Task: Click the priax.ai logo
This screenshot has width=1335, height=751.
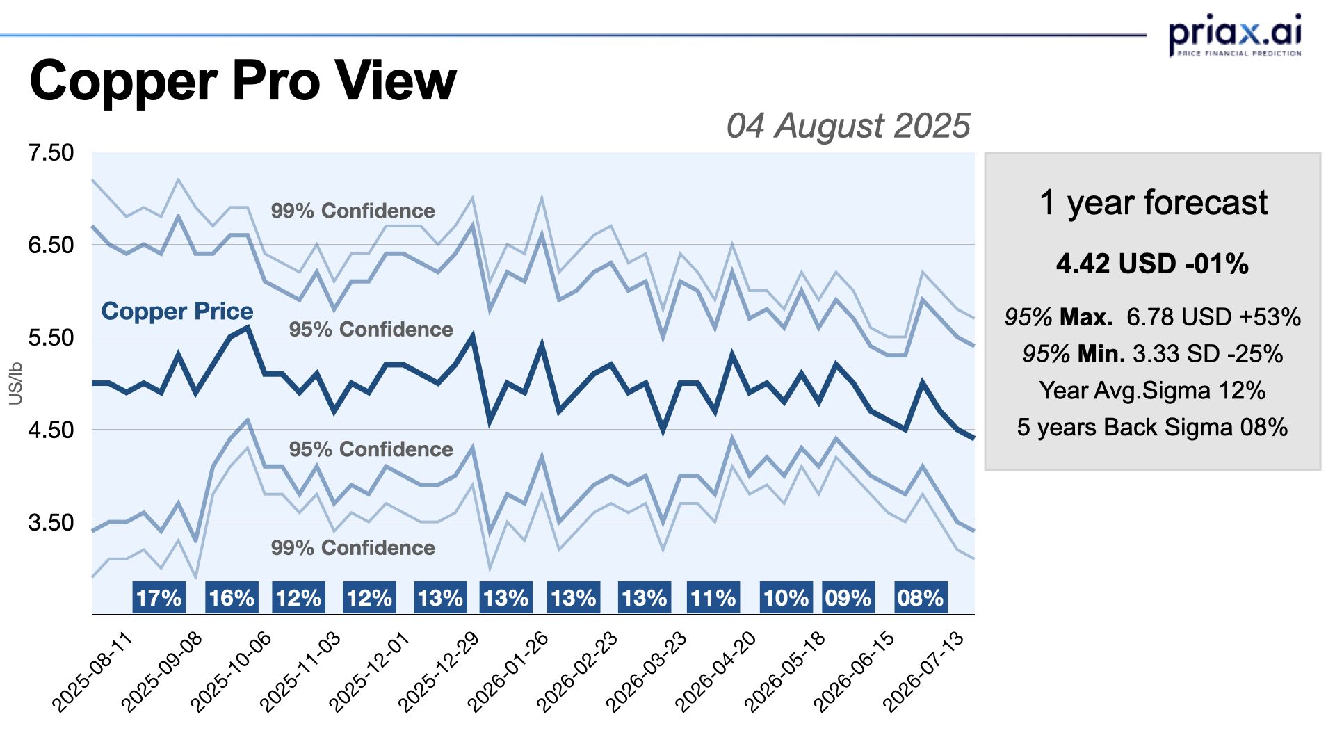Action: point(1234,35)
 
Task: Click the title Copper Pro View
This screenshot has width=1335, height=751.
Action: point(243,81)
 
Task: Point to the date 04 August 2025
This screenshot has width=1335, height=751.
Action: point(848,126)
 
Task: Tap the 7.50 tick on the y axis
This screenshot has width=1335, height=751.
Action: point(51,152)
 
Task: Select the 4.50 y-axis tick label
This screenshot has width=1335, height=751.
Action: point(51,430)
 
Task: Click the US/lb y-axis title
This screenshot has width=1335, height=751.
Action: point(16,383)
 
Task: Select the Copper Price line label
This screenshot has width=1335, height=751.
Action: point(177,311)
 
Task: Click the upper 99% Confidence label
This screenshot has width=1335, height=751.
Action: point(353,211)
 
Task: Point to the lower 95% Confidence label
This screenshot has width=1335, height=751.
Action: point(371,449)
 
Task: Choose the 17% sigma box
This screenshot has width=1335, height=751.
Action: point(159,598)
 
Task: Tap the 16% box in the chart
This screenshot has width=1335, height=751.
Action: point(232,598)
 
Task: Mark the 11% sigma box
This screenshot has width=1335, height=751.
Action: point(713,598)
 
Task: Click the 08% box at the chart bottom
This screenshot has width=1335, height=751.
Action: point(920,598)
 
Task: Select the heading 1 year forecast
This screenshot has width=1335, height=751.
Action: point(1153,203)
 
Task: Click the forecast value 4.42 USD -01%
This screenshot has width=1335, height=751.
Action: point(1152,264)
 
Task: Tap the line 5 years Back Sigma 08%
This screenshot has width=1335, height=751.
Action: point(1152,427)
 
